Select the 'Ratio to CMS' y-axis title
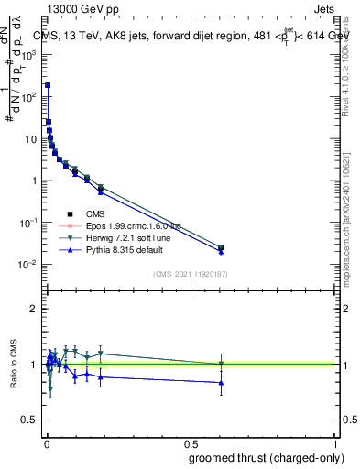pyautogui.click(x=13, y=364)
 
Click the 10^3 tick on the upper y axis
pyautogui.click(x=30, y=54)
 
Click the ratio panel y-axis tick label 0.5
pyautogui.click(x=31, y=420)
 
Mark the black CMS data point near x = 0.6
pyautogui.click(x=221, y=247)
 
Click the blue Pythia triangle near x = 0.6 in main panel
pyautogui.click(x=221, y=252)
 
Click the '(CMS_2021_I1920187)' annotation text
pyautogui.click(x=190, y=274)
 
